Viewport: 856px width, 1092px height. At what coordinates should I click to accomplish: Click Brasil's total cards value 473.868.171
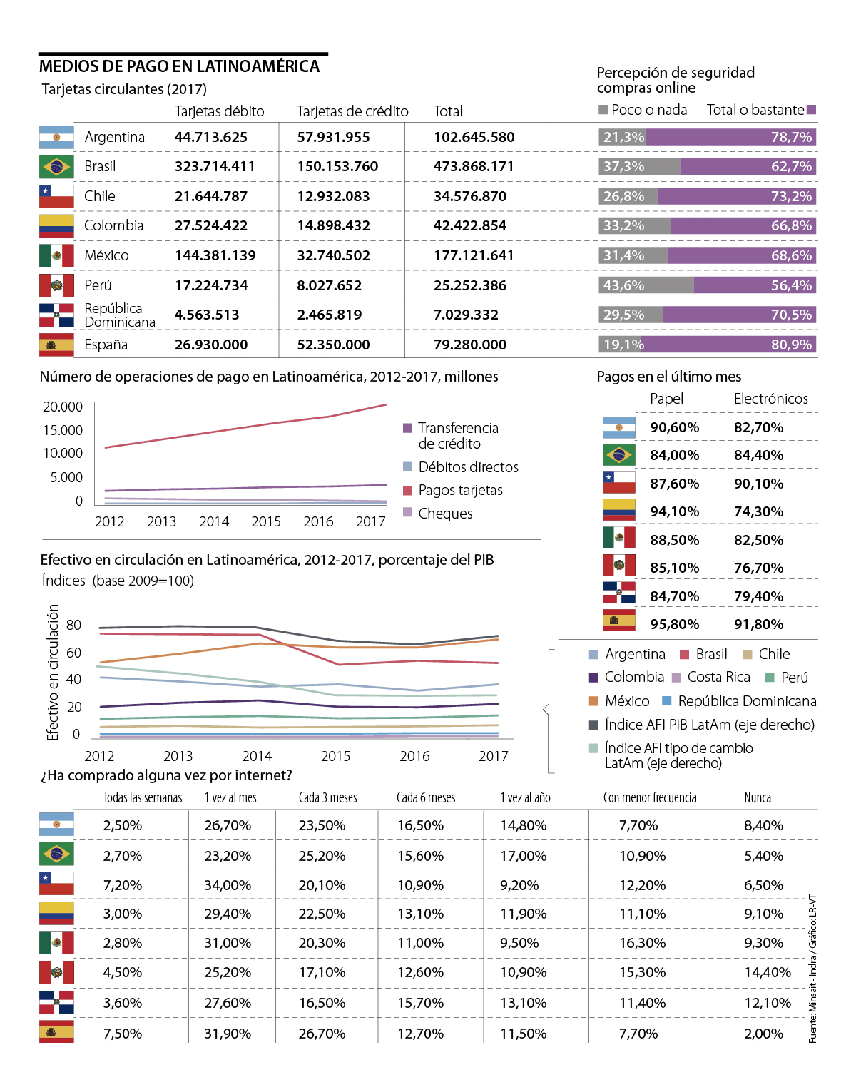click(x=474, y=167)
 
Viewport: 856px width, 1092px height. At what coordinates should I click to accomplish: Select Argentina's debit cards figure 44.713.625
click(x=211, y=137)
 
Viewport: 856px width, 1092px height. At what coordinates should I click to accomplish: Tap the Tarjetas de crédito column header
click(x=352, y=111)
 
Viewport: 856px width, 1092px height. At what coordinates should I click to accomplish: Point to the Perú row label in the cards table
click(x=98, y=285)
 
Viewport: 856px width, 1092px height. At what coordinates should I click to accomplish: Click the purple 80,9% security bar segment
click(x=730, y=345)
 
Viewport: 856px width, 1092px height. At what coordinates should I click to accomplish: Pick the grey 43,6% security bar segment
click(x=646, y=285)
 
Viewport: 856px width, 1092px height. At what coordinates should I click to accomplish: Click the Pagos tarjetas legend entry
click(x=460, y=490)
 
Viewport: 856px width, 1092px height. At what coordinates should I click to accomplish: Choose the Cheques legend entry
click(x=445, y=514)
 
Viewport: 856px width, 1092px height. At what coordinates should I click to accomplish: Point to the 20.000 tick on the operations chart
click(x=63, y=407)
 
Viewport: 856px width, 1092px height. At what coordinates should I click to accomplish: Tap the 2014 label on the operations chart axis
click(x=214, y=521)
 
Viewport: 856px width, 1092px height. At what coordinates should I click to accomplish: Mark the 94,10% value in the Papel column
click(x=674, y=511)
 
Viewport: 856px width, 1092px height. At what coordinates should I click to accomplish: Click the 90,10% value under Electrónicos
click(x=758, y=484)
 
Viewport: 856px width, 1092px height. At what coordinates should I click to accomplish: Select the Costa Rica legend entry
click(x=718, y=677)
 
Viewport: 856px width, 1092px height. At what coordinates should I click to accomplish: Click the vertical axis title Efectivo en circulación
click(x=53, y=672)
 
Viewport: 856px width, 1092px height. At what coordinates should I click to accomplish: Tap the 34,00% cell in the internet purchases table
click(x=228, y=885)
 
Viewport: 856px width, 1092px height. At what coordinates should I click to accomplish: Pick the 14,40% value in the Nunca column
click(x=768, y=972)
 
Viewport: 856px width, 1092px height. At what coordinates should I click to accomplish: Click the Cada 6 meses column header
click(x=426, y=797)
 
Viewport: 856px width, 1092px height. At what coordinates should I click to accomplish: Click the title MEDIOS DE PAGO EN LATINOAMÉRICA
click(x=179, y=66)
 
